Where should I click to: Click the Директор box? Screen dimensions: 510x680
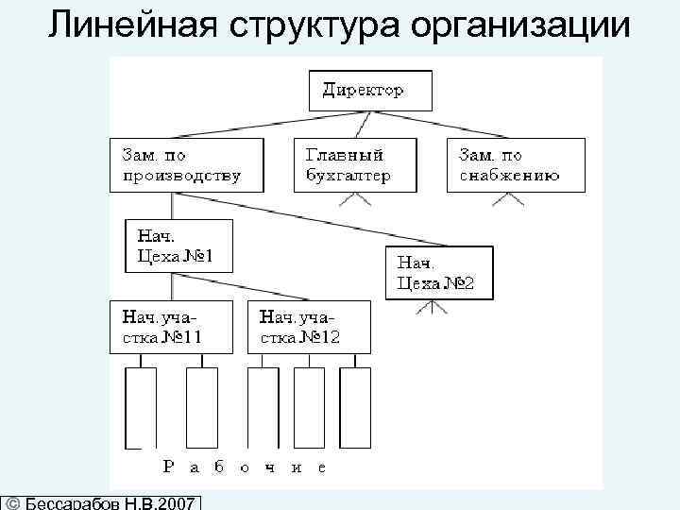point(370,92)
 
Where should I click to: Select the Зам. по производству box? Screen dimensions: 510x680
point(184,165)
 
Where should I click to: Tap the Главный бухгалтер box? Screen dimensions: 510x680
point(355,165)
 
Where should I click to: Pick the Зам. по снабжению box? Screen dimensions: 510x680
point(515,165)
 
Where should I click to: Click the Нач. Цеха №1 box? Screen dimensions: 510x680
point(178,246)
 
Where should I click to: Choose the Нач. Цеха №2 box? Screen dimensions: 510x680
point(439,273)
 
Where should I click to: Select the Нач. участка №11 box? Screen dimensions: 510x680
point(171,327)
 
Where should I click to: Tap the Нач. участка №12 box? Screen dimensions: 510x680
point(308,327)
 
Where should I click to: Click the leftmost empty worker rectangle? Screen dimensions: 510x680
point(141,406)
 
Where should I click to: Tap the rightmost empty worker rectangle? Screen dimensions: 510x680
point(355,406)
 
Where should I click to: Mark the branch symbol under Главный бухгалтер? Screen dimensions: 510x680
point(355,199)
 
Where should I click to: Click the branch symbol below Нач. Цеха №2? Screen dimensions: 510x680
point(431,308)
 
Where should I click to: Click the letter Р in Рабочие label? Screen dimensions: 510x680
point(168,466)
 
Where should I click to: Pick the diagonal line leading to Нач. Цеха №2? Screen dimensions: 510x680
point(312,220)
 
